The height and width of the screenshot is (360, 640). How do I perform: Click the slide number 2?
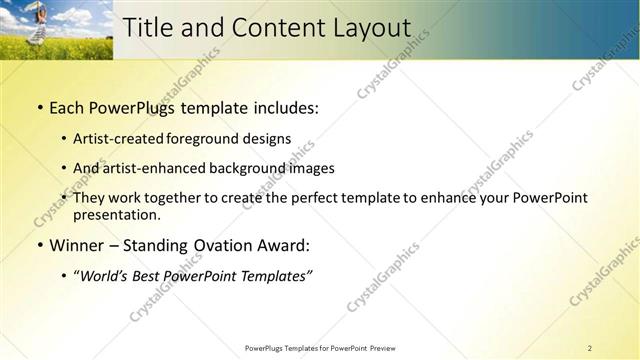pos(590,348)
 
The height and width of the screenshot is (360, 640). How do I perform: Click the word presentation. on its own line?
pos(116,214)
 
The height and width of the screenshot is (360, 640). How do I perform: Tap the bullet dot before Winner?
pos(39,246)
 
